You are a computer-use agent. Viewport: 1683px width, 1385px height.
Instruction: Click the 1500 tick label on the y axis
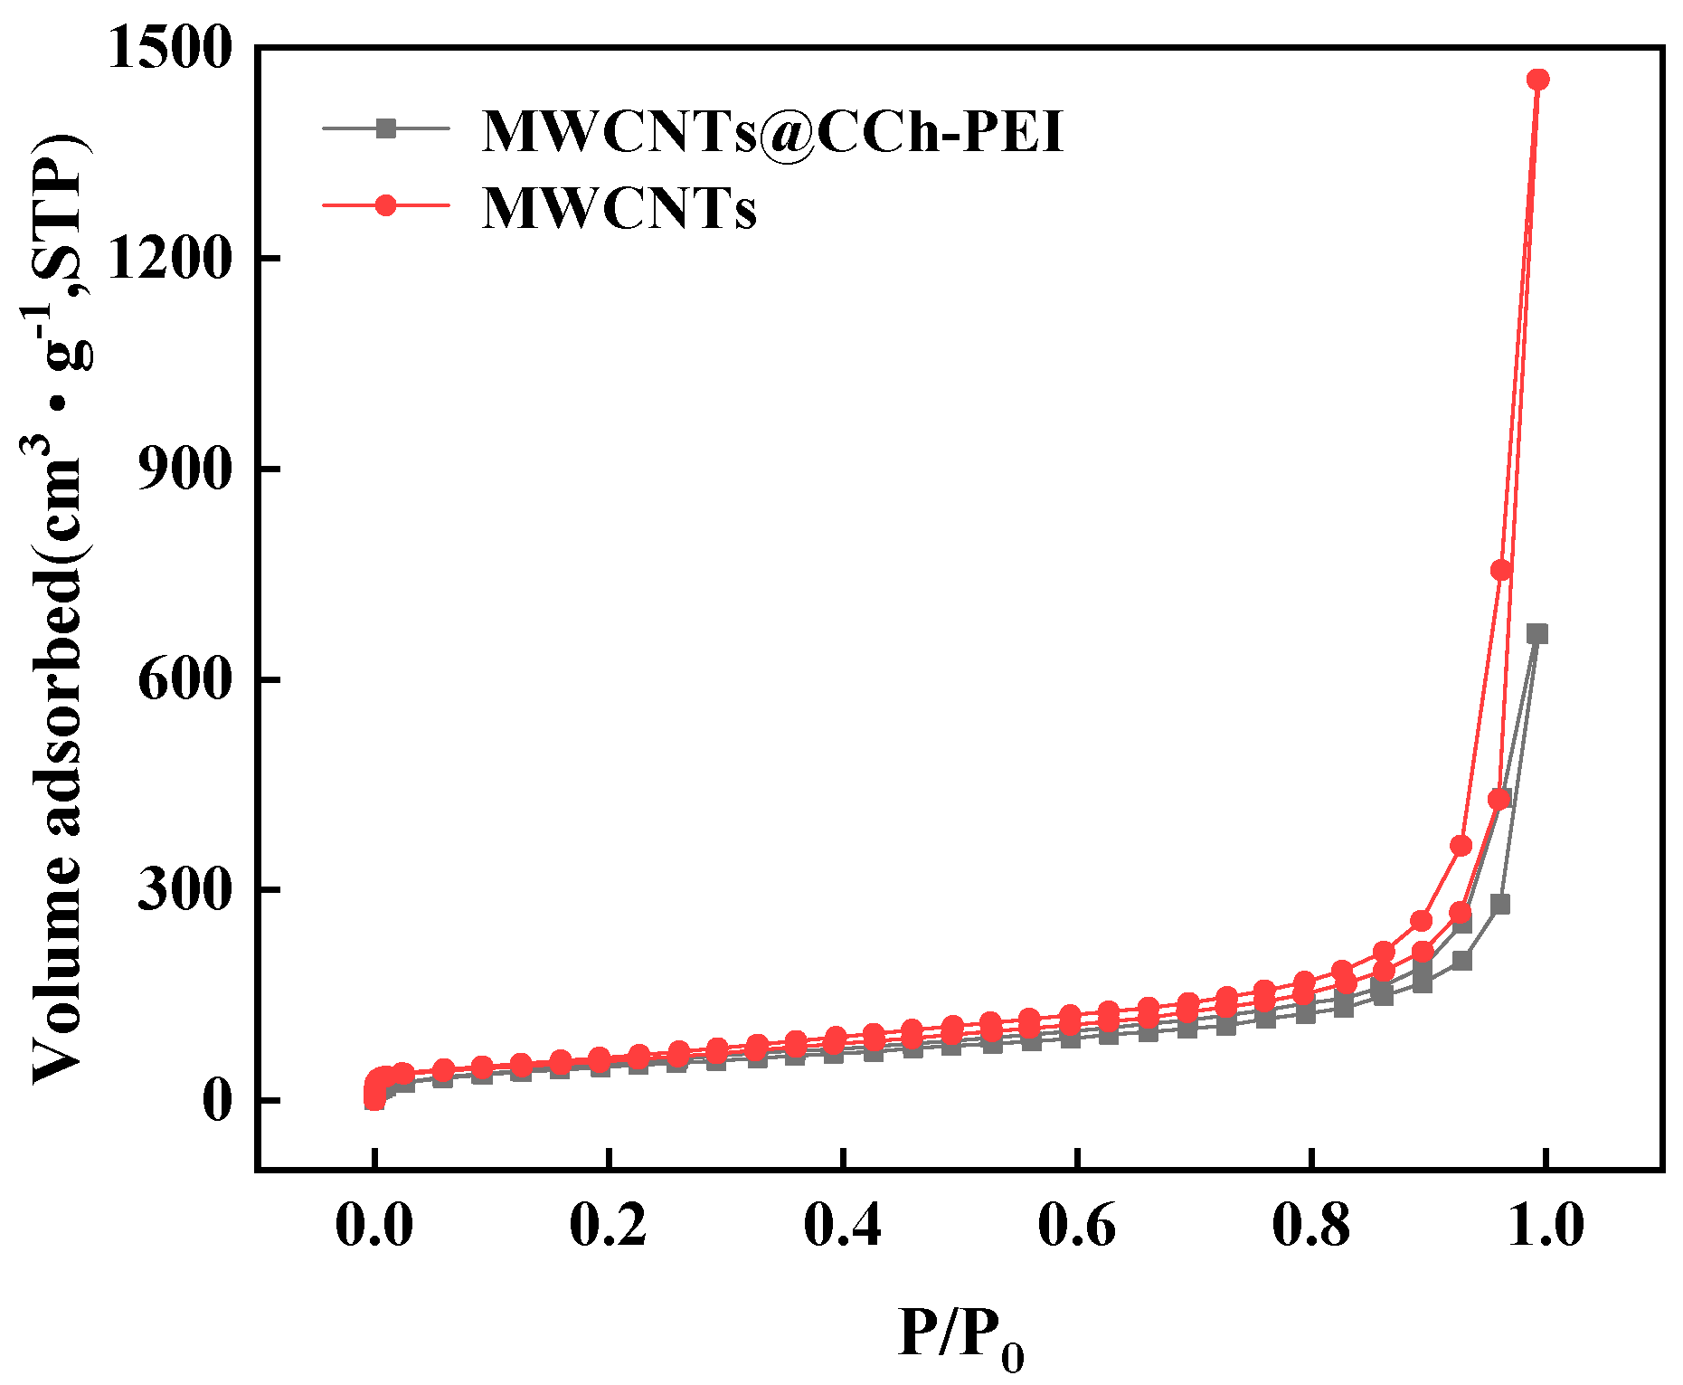(x=170, y=49)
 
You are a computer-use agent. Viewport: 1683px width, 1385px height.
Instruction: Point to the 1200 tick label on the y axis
(x=170, y=260)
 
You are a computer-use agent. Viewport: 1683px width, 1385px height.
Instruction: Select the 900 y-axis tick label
(x=184, y=470)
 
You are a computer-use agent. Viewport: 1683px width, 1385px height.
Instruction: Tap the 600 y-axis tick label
(x=184, y=680)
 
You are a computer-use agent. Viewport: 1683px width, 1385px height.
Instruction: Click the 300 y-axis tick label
(x=184, y=891)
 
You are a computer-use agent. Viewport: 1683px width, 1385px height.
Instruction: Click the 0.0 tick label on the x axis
(x=373, y=1226)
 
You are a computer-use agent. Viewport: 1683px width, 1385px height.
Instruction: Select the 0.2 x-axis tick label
(x=609, y=1226)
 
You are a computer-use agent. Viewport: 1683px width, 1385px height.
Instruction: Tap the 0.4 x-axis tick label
(x=843, y=1226)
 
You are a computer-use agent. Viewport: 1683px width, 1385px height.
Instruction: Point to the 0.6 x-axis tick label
(x=1077, y=1226)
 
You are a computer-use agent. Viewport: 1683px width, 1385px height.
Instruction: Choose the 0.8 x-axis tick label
(x=1311, y=1226)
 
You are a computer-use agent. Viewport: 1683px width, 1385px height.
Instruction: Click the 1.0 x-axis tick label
(x=1546, y=1226)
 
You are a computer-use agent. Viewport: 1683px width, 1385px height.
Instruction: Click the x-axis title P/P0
(x=960, y=1334)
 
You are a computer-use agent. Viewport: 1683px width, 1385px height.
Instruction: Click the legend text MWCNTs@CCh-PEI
(x=773, y=131)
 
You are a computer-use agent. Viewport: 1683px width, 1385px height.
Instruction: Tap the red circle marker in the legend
(x=386, y=205)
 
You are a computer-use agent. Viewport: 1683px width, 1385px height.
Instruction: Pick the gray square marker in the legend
(x=386, y=128)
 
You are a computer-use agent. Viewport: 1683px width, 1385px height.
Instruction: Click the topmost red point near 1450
(x=1537, y=80)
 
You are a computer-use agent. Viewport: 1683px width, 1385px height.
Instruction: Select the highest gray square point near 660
(x=1537, y=634)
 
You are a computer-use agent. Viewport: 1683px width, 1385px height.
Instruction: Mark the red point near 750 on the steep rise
(x=1501, y=570)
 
